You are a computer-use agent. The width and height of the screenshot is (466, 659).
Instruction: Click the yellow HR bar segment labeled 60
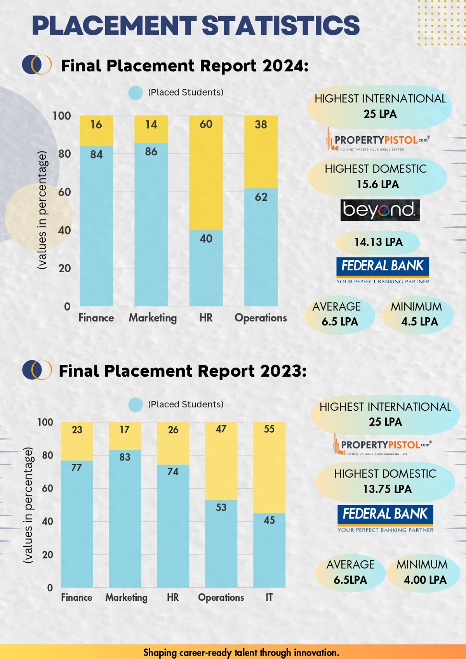(x=206, y=173)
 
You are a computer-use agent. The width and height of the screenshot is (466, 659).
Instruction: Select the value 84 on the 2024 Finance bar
(x=96, y=155)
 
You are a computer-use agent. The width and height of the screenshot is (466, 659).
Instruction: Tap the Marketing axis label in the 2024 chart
(x=153, y=318)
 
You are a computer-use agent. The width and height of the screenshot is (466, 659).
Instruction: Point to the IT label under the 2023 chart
(x=269, y=597)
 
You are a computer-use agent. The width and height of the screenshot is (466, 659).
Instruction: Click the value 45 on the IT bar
(x=269, y=520)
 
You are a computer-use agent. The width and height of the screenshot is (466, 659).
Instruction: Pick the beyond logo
(x=380, y=210)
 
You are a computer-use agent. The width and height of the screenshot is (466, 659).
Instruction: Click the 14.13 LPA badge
(x=378, y=242)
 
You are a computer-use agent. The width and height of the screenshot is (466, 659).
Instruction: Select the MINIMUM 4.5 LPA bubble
(x=418, y=314)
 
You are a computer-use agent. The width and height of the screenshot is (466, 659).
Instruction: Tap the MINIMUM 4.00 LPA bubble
(x=424, y=572)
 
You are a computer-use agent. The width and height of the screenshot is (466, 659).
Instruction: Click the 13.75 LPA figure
(x=387, y=489)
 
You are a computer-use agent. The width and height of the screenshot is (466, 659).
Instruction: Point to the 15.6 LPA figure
(x=377, y=184)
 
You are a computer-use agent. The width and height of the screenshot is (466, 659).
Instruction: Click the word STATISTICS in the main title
(x=281, y=26)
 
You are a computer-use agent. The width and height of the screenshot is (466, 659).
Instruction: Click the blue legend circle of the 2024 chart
(x=136, y=93)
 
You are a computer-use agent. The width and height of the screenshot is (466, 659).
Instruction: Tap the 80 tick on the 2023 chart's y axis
(x=47, y=455)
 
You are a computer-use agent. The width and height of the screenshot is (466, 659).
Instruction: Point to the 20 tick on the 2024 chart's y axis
(x=64, y=268)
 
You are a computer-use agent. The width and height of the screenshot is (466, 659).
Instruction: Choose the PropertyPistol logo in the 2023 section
(x=383, y=445)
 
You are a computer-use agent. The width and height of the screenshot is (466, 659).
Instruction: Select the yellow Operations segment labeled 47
(x=221, y=461)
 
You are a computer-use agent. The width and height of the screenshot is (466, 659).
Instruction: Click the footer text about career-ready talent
(x=241, y=652)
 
